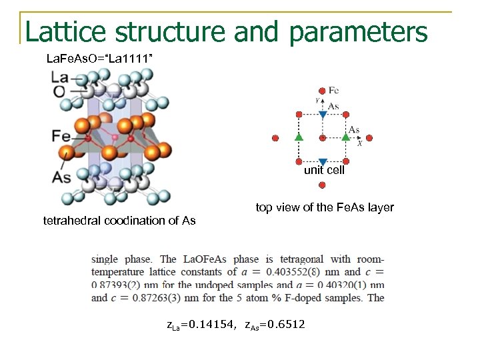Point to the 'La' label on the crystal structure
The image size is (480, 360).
click(x=59, y=78)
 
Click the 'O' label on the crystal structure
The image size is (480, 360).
click(x=59, y=91)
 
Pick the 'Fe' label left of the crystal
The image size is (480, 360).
click(x=61, y=136)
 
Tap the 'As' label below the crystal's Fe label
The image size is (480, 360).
click(x=61, y=177)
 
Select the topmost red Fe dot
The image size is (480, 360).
click(x=323, y=91)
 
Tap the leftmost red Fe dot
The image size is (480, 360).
click(x=275, y=138)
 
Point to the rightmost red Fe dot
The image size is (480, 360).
click(x=369, y=138)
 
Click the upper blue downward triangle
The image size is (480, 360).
click(x=323, y=115)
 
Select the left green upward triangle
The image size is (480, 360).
click(x=299, y=137)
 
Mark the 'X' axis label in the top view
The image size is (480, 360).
click(x=359, y=143)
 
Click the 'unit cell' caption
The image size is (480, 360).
click(x=324, y=171)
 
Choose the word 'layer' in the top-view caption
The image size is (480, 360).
click(x=379, y=207)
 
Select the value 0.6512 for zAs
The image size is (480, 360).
click(x=286, y=325)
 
